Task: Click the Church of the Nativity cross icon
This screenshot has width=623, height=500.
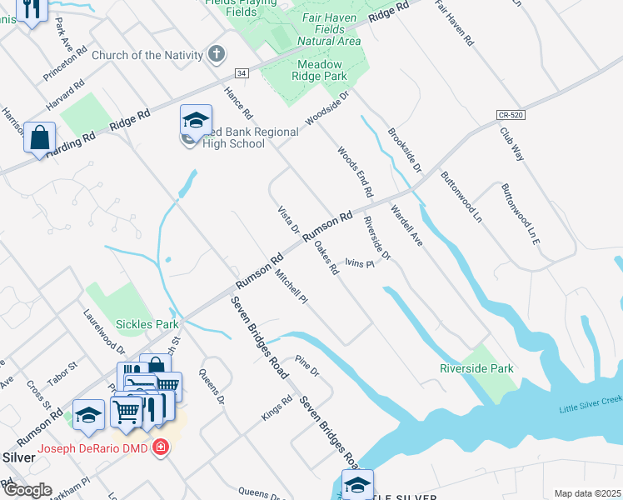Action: click(x=217, y=55)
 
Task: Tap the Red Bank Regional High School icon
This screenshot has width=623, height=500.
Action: click(x=196, y=122)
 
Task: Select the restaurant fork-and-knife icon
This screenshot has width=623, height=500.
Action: click(x=32, y=10)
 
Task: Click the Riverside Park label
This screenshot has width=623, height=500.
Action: click(x=476, y=368)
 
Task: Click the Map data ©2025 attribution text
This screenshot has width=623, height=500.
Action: click(x=587, y=493)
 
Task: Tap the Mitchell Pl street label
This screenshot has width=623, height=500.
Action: click(x=292, y=287)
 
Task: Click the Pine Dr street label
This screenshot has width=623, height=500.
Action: click(x=308, y=365)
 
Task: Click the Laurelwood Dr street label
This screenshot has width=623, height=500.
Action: click(x=104, y=332)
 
